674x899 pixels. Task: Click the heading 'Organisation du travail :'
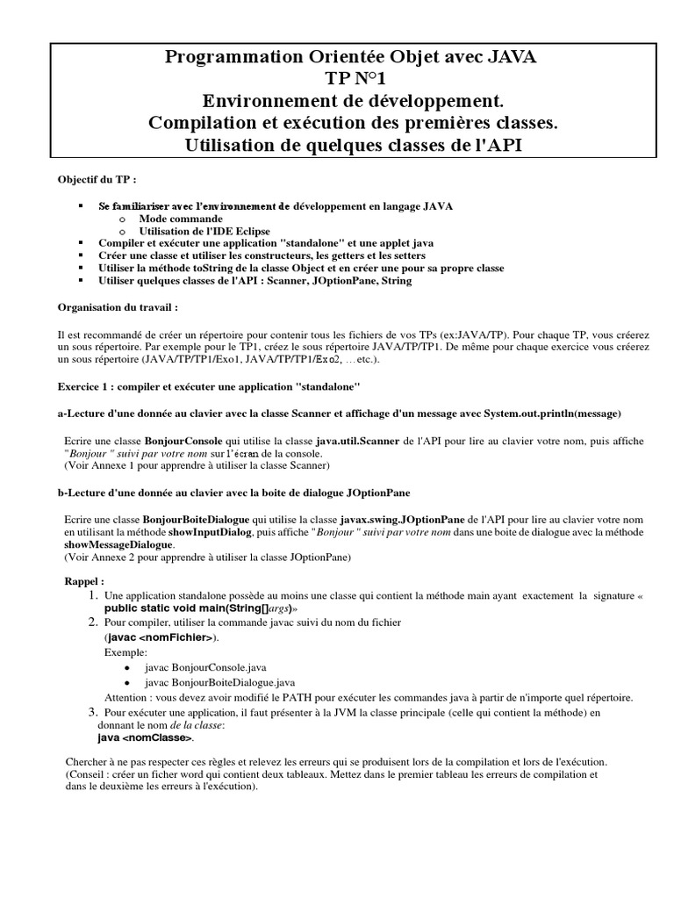(x=118, y=308)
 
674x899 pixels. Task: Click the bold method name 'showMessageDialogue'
(x=118, y=545)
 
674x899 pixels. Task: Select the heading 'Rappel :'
(x=84, y=582)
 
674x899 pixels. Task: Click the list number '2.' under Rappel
(x=91, y=622)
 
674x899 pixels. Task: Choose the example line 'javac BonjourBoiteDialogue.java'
(x=219, y=681)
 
